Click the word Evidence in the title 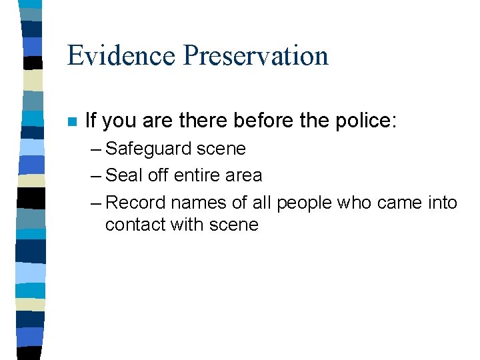tap(121, 55)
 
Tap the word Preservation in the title tap(256, 55)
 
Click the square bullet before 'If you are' tap(72, 122)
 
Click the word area tap(243, 176)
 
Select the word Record tap(136, 202)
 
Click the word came tap(400, 203)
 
